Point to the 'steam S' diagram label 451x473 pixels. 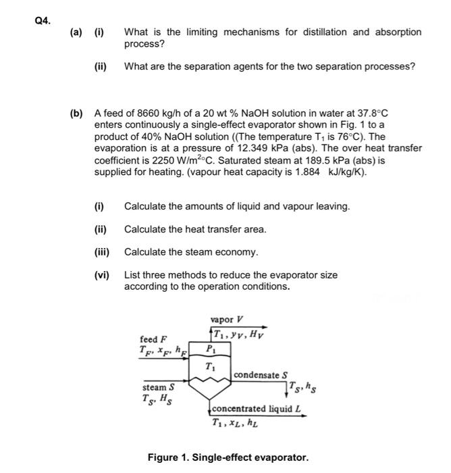(158, 387)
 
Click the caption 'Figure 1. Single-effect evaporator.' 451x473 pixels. (228, 457)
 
